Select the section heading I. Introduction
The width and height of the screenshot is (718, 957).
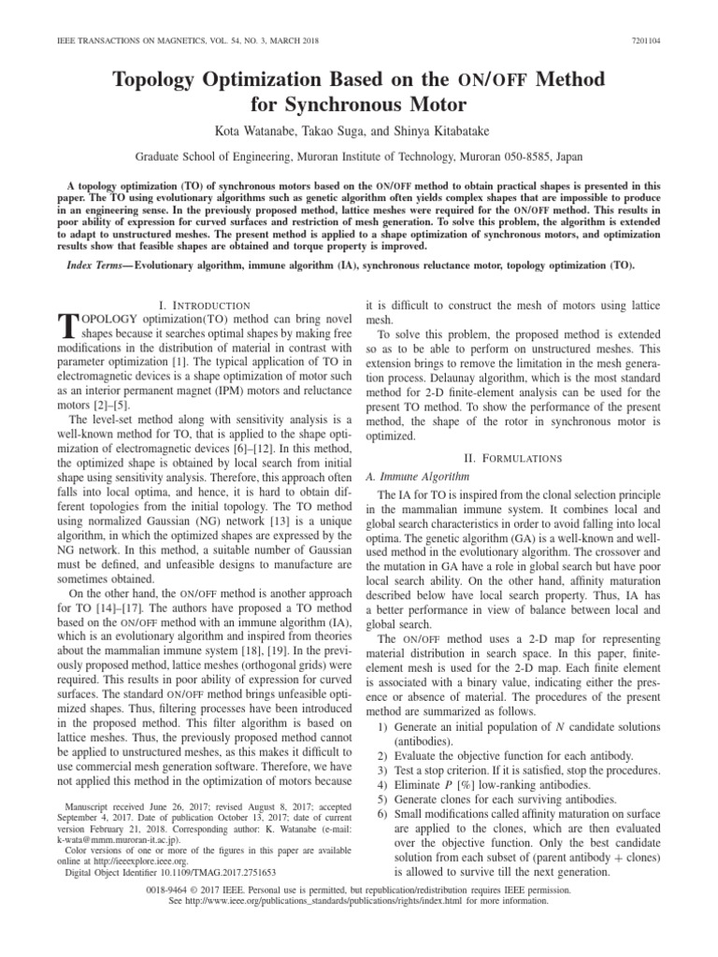[205, 305]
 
